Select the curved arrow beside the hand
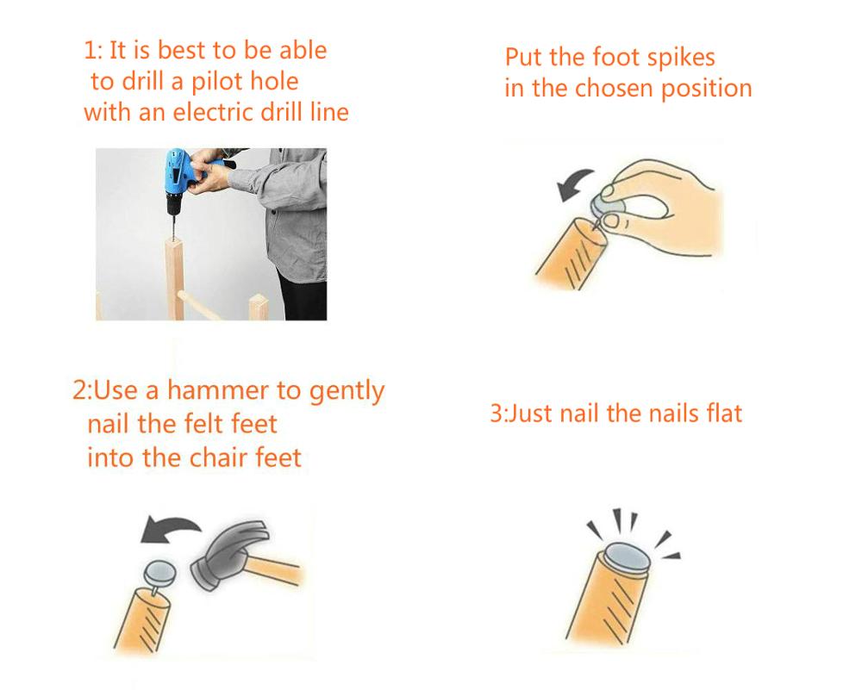point(573,183)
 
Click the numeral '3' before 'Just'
point(496,413)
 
